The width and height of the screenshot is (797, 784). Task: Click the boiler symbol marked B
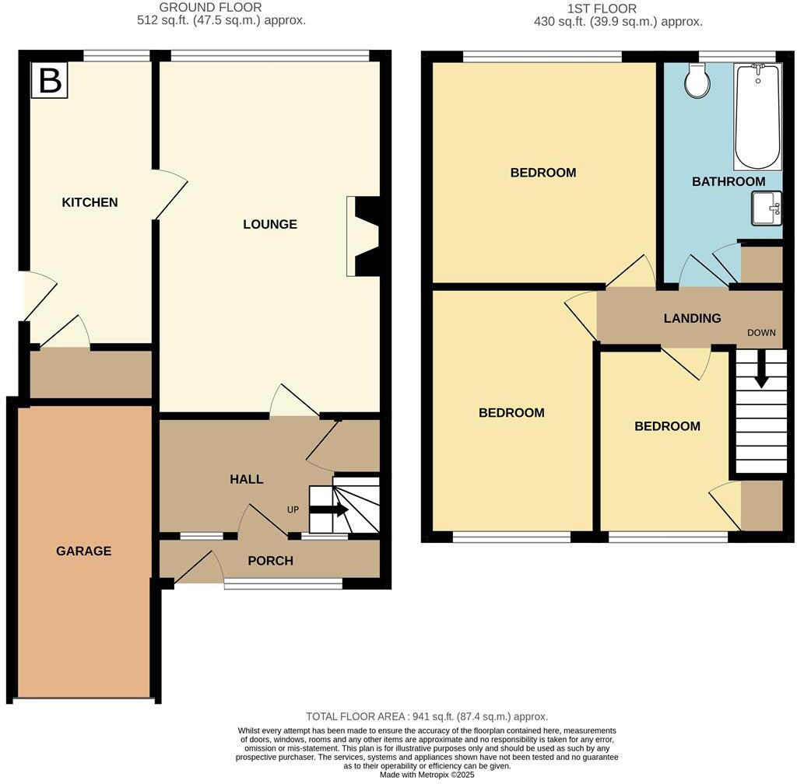[x=50, y=80]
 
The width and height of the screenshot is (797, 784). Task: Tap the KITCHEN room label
[x=90, y=202]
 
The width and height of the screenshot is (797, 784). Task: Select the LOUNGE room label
[x=270, y=224]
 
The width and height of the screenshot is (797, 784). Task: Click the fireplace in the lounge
[x=365, y=236]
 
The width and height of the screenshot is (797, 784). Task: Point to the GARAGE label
[x=83, y=551]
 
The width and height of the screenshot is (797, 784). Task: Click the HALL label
[x=246, y=479]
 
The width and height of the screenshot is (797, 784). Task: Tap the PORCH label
[x=270, y=560]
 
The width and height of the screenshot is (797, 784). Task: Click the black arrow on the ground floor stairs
[x=329, y=510]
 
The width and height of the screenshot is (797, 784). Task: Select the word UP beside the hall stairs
[x=293, y=510]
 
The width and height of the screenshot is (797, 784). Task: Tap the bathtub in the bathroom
[x=757, y=117]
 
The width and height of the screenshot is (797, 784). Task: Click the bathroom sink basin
[x=767, y=208]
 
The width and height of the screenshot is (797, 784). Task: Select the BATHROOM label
[x=729, y=181]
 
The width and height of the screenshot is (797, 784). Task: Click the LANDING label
[x=692, y=318]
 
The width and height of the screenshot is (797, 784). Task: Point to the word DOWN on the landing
[x=761, y=332]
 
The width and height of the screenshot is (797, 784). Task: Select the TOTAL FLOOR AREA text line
[x=427, y=716]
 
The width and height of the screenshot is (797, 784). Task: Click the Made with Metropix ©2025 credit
[x=427, y=775]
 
